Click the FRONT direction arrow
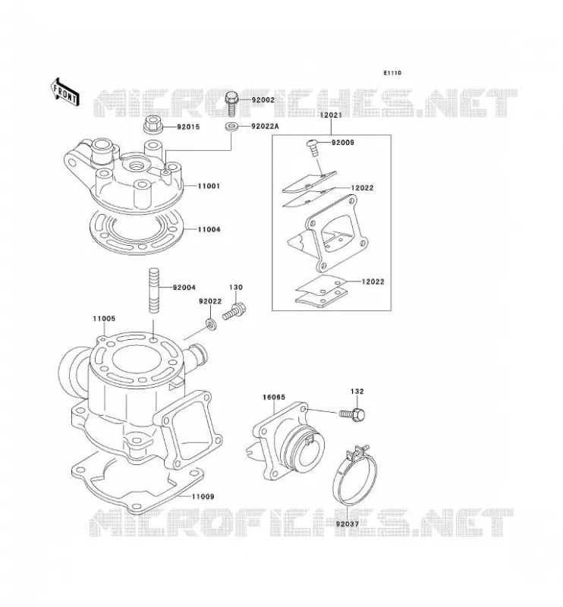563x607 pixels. tap(65, 92)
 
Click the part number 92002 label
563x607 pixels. tap(263, 100)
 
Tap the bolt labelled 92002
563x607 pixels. tap(231, 103)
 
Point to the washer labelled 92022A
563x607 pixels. tap(231, 126)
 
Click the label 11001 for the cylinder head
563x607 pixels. tap(209, 186)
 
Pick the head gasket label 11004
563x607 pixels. tap(209, 230)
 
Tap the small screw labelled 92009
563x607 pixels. tap(313, 146)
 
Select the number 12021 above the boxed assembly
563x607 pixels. tap(331, 115)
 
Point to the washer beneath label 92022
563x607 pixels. tap(211, 324)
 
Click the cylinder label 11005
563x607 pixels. tap(104, 319)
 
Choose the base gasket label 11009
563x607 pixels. tap(203, 497)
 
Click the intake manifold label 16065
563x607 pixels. tap(274, 397)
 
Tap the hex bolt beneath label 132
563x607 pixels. tap(353, 414)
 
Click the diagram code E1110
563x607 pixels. tap(392, 73)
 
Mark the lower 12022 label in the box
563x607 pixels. tap(373, 281)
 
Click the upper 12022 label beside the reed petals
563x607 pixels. tap(363, 188)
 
